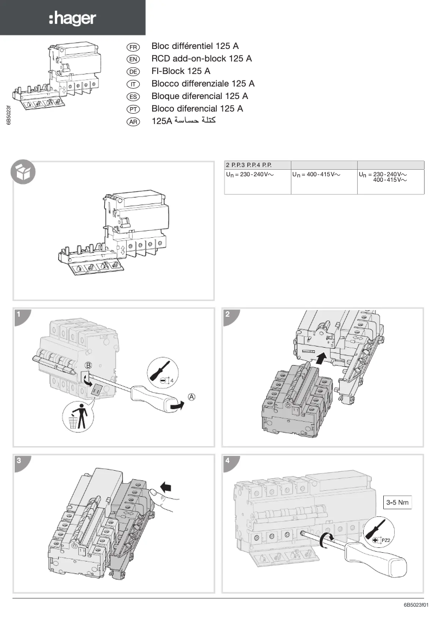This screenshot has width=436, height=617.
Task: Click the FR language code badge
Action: click(133, 47)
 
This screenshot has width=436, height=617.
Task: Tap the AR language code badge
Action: click(133, 122)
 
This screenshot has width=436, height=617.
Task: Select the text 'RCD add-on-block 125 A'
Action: click(201, 59)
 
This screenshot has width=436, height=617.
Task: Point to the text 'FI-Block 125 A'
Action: click(181, 71)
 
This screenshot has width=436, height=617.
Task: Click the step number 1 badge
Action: click(19, 314)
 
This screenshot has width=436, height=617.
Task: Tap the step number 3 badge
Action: click(19, 460)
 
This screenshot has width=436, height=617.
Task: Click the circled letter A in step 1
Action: click(191, 397)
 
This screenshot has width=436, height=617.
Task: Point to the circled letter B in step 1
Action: click(89, 365)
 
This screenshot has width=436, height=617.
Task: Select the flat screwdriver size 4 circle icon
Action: click(160, 375)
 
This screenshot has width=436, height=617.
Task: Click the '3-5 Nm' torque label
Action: click(397, 502)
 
